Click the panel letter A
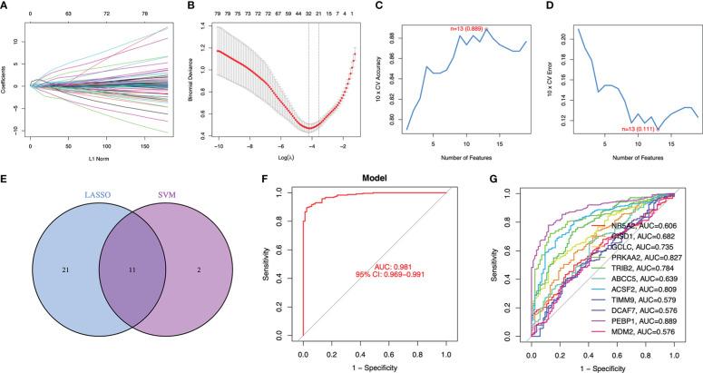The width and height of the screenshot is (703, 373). click(x=7, y=6)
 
